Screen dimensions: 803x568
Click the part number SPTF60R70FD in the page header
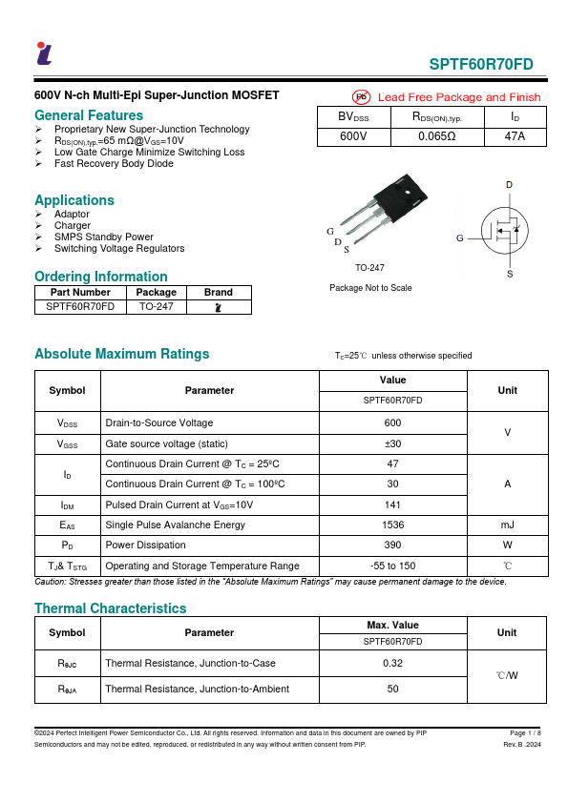coord(481,65)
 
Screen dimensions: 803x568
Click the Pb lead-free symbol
coord(362,97)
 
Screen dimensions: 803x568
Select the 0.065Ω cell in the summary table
coord(437,136)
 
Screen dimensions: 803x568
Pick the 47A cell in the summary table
coord(515,136)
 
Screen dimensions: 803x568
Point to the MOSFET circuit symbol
coord(502,229)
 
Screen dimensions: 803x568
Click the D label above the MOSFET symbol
coord(509,184)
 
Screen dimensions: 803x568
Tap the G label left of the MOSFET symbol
coord(460,237)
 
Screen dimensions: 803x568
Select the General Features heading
coord(89,115)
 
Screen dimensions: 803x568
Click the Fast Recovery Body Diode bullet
coord(114,164)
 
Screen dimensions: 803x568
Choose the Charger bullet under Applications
coord(73,226)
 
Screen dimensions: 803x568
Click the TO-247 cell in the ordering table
coord(156,307)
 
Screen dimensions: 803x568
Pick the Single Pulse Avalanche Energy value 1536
coord(392,525)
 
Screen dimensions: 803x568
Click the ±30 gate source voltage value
coord(392,443)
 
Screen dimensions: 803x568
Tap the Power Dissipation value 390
coord(392,545)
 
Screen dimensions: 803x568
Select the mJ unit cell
coord(507,525)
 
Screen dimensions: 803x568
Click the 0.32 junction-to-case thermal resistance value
coord(392,662)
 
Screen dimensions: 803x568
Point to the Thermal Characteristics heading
coord(111,608)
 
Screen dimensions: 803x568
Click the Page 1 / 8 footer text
coord(525,732)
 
